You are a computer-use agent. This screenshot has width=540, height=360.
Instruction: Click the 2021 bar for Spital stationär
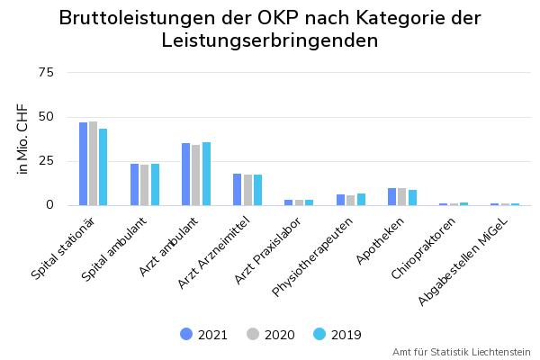tap(83, 164)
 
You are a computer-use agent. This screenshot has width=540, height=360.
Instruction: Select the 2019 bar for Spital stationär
tap(103, 167)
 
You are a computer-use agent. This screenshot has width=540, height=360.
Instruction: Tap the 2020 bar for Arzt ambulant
tap(196, 175)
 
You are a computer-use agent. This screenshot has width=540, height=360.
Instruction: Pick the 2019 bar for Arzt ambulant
tap(206, 174)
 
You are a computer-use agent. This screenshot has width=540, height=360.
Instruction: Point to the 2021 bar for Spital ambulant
tap(134, 184)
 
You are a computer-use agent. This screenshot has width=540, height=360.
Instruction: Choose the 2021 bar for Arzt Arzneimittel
tap(237, 189)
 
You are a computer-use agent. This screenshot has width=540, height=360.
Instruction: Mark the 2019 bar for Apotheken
tap(412, 197)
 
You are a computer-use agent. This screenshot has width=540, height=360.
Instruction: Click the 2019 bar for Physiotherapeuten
tap(361, 199)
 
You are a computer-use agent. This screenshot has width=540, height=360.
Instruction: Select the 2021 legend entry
tap(204, 335)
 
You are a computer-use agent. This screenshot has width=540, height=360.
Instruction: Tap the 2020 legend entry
tap(271, 335)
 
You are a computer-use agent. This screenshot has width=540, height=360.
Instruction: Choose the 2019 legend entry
tap(337, 335)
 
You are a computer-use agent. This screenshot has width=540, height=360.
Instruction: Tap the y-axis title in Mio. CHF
tap(22, 139)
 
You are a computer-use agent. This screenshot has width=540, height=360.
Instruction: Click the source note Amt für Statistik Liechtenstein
tap(461, 352)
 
